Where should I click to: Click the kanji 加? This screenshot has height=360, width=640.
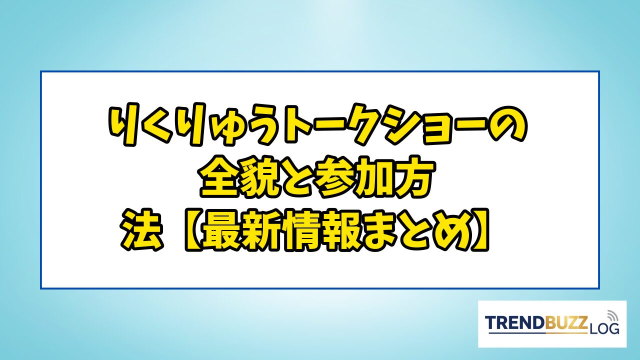click(374, 177)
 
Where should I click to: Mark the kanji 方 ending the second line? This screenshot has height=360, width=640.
click(414, 176)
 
